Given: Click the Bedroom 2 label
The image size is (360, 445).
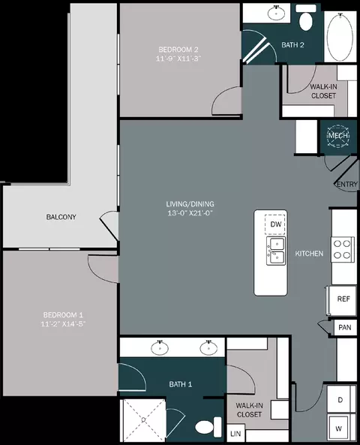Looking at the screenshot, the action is click(178, 50).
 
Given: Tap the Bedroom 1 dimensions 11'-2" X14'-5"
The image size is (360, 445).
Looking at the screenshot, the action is click(63, 324).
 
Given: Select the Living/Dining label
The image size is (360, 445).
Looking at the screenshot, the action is click(190, 204).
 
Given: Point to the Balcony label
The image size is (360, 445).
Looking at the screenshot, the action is click(61, 217).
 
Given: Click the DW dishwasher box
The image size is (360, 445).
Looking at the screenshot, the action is click(275, 224).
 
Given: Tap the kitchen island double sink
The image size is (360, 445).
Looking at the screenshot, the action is click(276, 251).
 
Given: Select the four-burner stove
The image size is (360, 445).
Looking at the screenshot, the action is click(343, 249).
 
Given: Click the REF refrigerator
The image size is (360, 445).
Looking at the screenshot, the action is click(342, 300).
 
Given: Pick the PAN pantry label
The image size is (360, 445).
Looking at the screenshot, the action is click(345, 327).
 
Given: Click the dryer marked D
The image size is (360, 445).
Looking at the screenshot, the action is click(341, 399).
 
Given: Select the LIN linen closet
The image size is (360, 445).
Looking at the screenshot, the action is click(235, 433).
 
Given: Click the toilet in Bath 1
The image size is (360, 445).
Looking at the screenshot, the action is click(208, 427).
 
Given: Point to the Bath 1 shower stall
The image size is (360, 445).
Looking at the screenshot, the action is click(143, 420).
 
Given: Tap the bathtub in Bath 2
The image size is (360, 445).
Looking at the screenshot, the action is click(340, 36).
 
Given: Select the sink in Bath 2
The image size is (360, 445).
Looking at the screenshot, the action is click(276, 13).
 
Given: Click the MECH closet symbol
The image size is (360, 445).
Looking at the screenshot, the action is click(338, 136).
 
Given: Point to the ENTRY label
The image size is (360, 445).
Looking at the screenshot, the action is click(346, 185).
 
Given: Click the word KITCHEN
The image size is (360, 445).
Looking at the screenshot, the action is click(309, 254).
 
